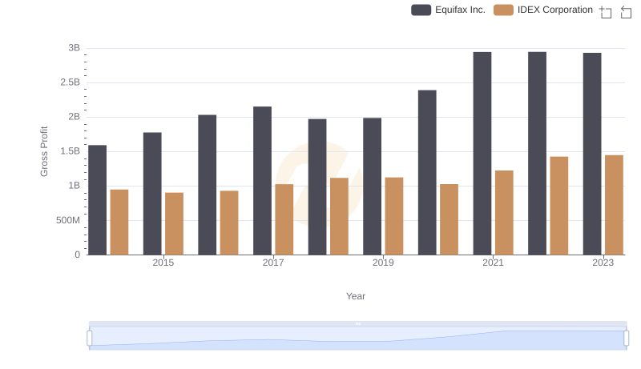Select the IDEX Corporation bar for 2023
(x=614, y=205)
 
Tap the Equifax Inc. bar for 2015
(x=152, y=194)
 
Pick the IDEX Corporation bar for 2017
(x=284, y=219)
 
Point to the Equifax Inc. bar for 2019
(x=372, y=187)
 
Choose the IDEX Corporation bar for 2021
(x=504, y=213)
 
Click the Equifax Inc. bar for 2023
(x=592, y=154)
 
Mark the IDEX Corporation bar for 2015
(x=174, y=223)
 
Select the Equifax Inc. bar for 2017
(x=262, y=181)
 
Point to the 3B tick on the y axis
(x=74, y=48)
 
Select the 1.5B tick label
(x=70, y=151)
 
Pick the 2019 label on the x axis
(x=383, y=263)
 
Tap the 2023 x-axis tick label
(x=603, y=263)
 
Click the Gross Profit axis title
(x=45, y=151)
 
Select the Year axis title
(x=356, y=296)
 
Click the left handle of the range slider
(x=90, y=339)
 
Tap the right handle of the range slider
(x=627, y=339)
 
